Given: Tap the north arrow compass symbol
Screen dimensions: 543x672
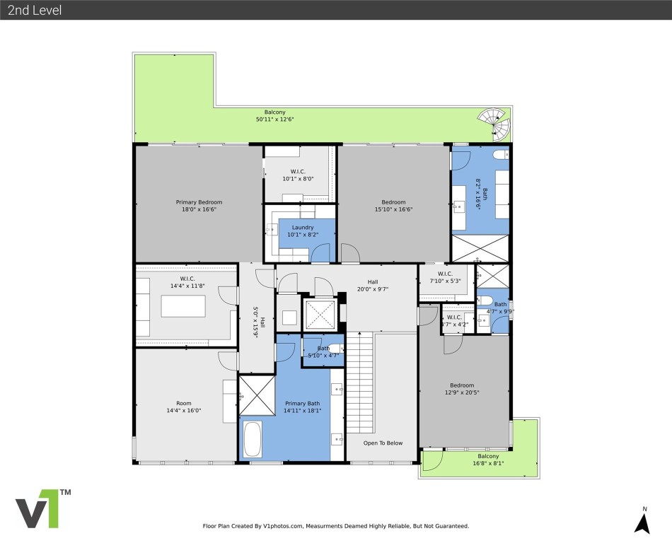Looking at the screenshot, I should pos(642,521).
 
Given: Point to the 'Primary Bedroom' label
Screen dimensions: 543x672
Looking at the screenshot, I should pos(199,202).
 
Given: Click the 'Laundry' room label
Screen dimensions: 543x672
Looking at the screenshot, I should pos(301,228).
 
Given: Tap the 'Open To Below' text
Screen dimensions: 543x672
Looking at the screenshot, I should pos(383,443).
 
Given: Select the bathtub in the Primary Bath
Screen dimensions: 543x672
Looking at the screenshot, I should pos(253,439).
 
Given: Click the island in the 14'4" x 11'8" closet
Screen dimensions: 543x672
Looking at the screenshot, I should pos(183,306).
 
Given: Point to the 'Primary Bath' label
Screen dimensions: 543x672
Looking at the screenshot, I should pos(303,403).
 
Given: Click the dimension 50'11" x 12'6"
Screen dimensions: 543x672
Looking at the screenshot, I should pos(274,120).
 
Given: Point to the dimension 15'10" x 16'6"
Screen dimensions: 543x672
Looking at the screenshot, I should pos(393,209).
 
